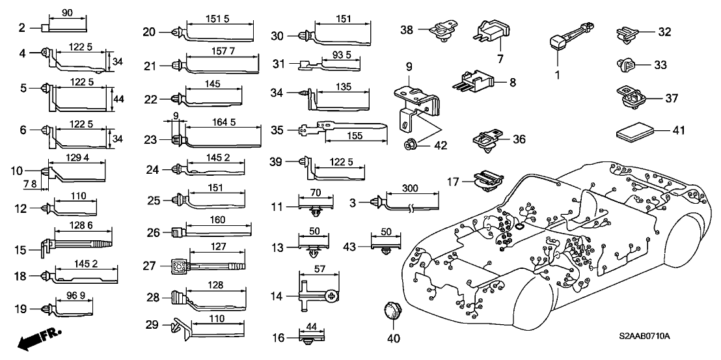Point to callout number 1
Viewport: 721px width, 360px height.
coord(557,75)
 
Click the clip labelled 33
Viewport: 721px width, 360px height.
coord(623,64)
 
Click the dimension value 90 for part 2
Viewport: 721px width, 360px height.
coord(66,13)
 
